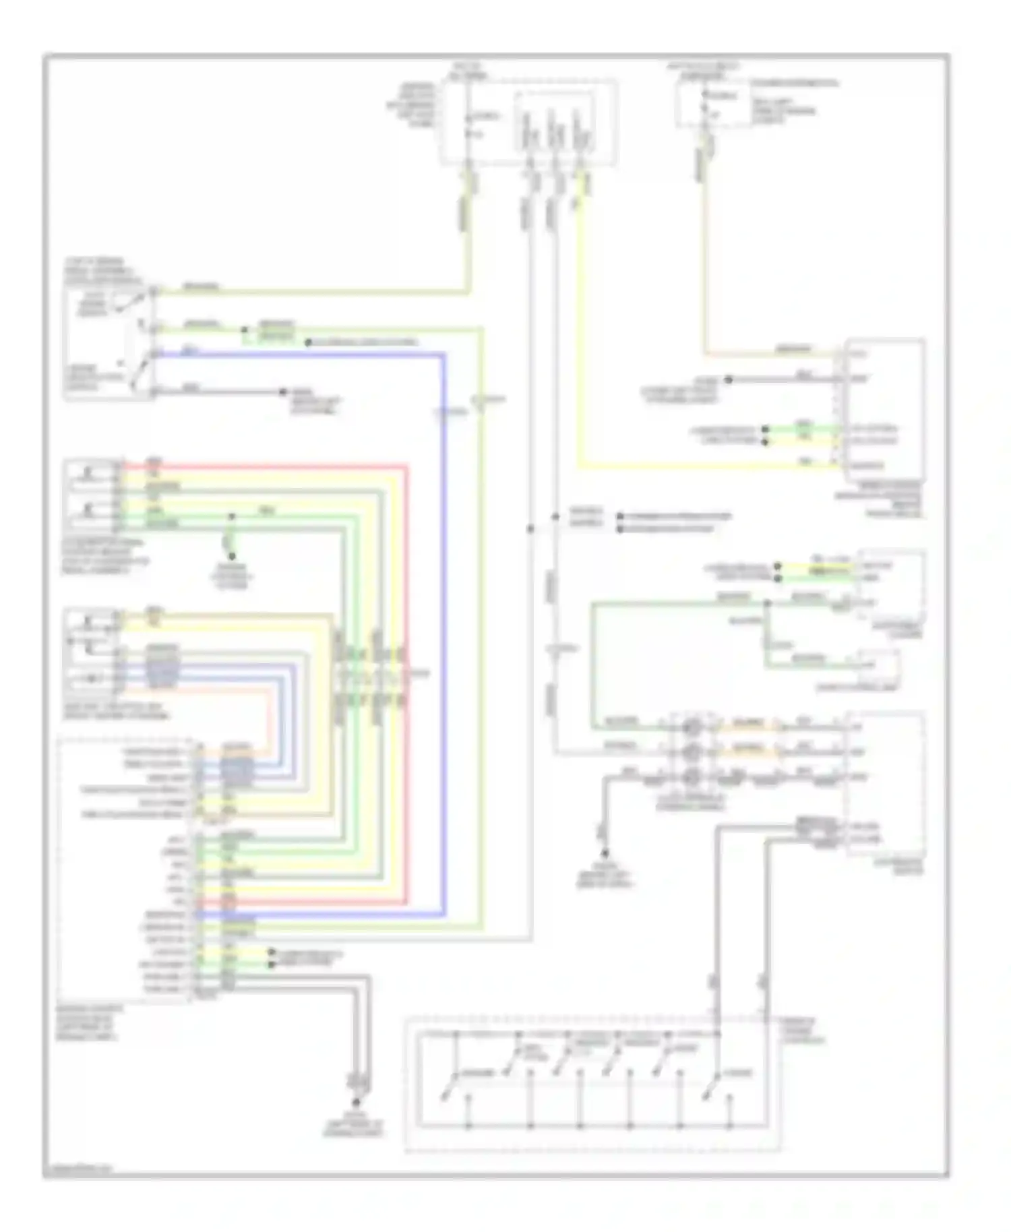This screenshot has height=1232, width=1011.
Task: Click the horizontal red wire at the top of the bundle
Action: [270, 466]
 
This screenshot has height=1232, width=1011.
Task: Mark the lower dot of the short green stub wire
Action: [231, 556]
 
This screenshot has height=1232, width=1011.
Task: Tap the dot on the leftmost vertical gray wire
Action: [530, 529]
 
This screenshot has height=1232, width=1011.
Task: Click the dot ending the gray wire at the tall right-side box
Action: [728, 380]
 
